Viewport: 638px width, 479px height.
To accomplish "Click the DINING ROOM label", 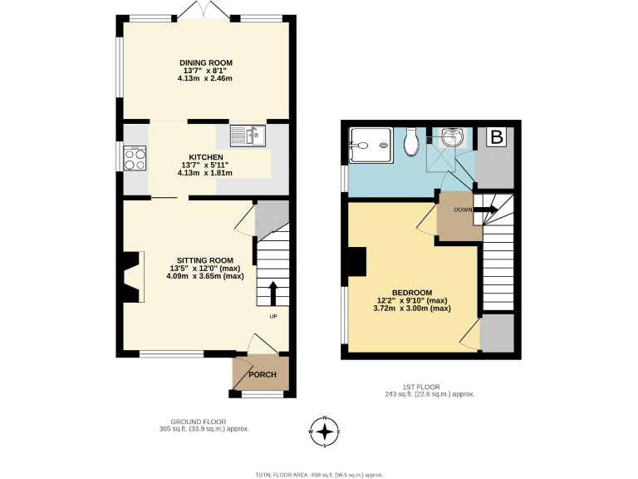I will click(206, 62).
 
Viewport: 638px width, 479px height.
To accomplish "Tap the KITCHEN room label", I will click(206, 157).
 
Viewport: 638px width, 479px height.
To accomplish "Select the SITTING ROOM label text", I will click(205, 259).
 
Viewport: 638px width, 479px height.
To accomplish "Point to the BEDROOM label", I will click(411, 293).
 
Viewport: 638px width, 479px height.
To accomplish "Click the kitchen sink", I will click(247, 134).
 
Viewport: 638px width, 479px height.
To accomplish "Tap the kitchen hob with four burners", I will click(135, 158).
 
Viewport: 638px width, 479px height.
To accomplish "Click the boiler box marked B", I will click(497, 138).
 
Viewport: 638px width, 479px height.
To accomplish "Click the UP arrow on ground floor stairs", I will click(273, 294).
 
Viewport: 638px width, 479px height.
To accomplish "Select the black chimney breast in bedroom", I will click(356, 262).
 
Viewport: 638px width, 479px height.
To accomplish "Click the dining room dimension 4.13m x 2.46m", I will click(206, 78).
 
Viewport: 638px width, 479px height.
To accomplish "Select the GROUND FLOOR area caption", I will click(204, 425).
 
